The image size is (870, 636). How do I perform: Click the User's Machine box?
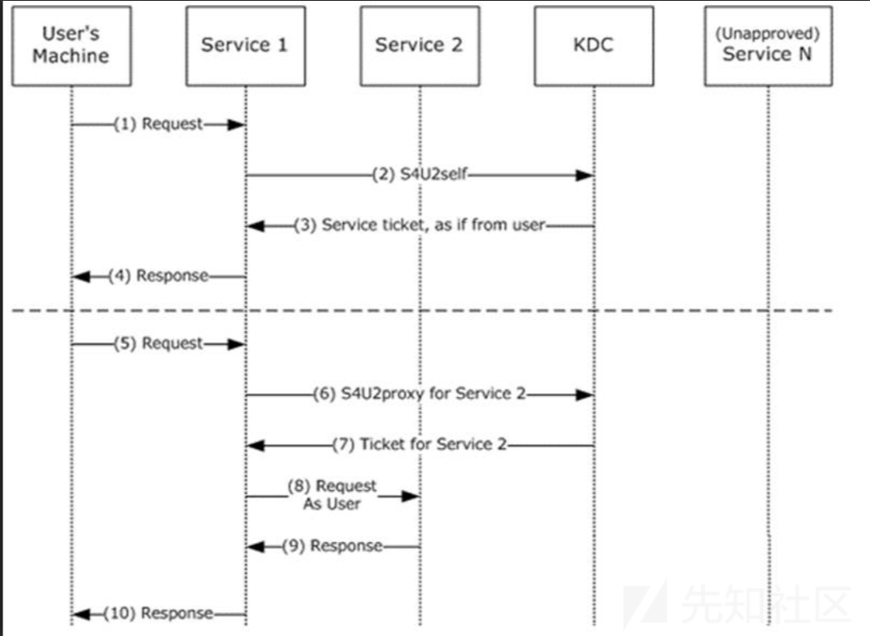(72, 46)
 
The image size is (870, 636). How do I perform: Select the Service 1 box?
(245, 46)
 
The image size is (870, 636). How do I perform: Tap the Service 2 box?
(420, 46)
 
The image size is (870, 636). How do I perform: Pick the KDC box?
(594, 46)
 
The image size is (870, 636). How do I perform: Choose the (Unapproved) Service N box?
(768, 46)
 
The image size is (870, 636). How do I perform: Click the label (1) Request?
(158, 124)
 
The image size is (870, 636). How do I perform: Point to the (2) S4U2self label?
(420, 174)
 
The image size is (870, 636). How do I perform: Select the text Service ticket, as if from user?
(433, 224)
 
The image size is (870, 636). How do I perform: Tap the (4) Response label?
(158, 276)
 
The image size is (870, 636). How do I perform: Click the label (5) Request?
(158, 343)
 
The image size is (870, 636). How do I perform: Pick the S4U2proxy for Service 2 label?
(433, 393)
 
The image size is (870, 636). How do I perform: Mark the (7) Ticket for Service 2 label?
(420, 444)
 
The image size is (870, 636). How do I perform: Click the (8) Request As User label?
(332, 494)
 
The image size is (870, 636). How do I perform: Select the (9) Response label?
(332, 546)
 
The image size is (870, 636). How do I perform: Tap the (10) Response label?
(158, 613)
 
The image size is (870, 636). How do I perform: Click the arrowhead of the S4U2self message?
(584, 176)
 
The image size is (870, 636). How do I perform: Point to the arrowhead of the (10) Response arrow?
(82, 615)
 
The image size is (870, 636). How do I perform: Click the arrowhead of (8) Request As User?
(411, 496)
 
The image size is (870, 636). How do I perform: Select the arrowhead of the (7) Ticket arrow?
(256, 445)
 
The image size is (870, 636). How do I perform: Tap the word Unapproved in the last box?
(768, 34)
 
